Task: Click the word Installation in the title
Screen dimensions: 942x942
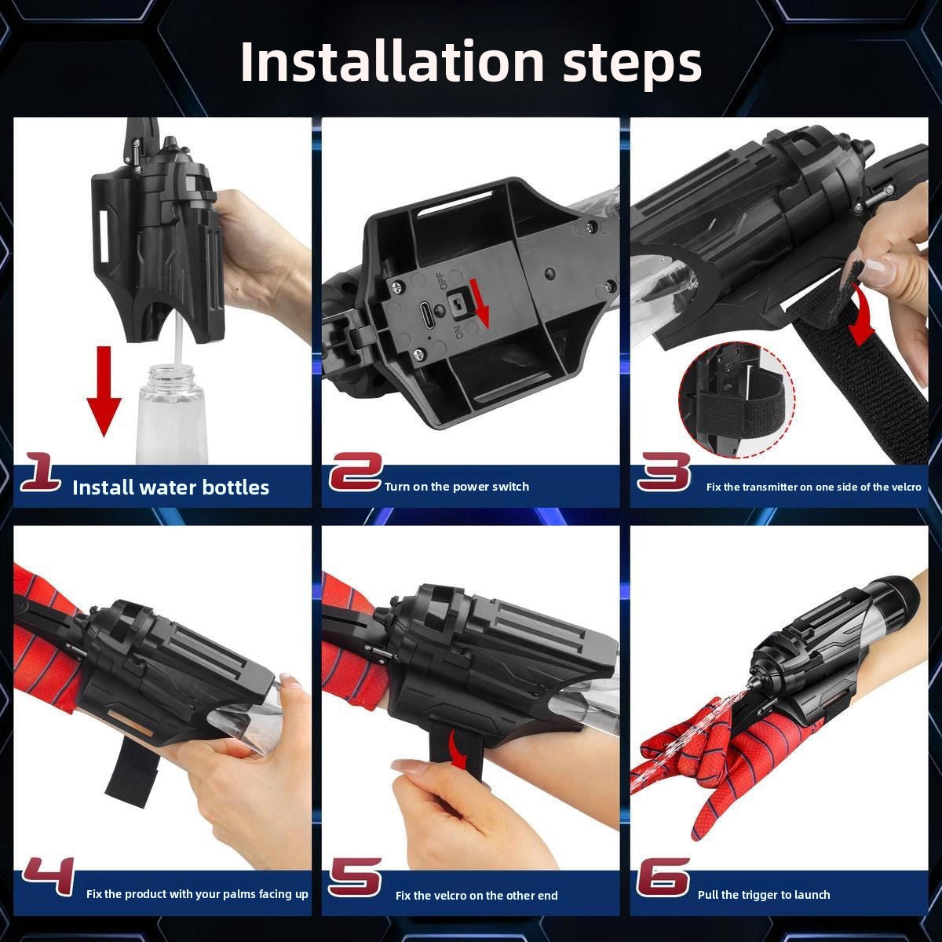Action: point(392,61)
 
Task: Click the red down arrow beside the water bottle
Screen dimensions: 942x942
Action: point(104,391)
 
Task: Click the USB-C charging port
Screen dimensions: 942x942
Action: point(424,309)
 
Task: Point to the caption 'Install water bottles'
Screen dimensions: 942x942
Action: point(170,487)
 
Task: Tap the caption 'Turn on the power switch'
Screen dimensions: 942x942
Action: point(457,487)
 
